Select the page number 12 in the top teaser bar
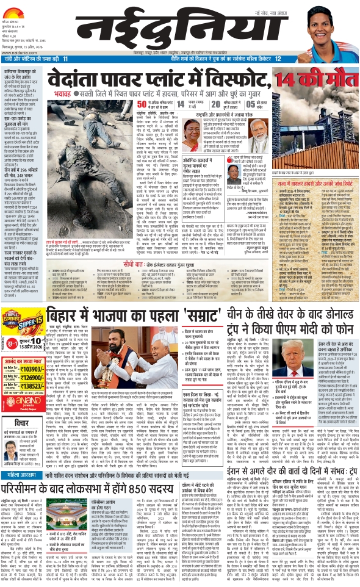pyautogui.click(x=278, y=59)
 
